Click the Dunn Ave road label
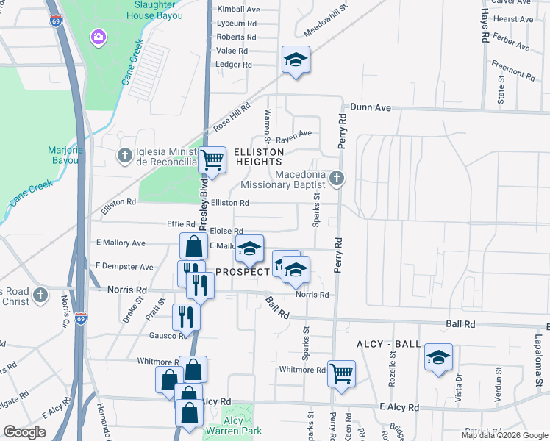(371, 107)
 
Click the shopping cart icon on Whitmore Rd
(342, 373)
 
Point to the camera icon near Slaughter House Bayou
(97, 36)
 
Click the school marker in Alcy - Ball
(439, 358)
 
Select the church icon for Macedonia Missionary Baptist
(337, 177)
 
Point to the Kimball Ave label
(239, 10)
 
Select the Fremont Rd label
(512, 69)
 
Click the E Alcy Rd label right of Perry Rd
(399, 407)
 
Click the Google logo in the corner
(25, 431)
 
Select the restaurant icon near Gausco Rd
(186, 316)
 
